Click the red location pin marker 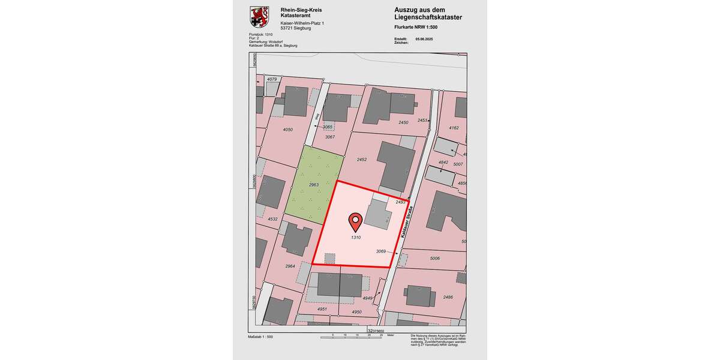(x=355, y=221)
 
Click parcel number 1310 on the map (x=355, y=238)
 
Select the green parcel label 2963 (x=313, y=185)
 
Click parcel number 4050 (x=287, y=129)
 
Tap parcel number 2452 (x=361, y=160)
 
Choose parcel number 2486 (x=448, y=297)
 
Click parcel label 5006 (x=435, y=258)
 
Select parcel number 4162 (x=454, y=128)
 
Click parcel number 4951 (x=322, y=309)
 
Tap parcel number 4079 (x=272, y=79)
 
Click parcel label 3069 (x=380, y=251)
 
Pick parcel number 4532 (x=272, y=219)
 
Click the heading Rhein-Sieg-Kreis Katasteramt (x=301, y=13)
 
